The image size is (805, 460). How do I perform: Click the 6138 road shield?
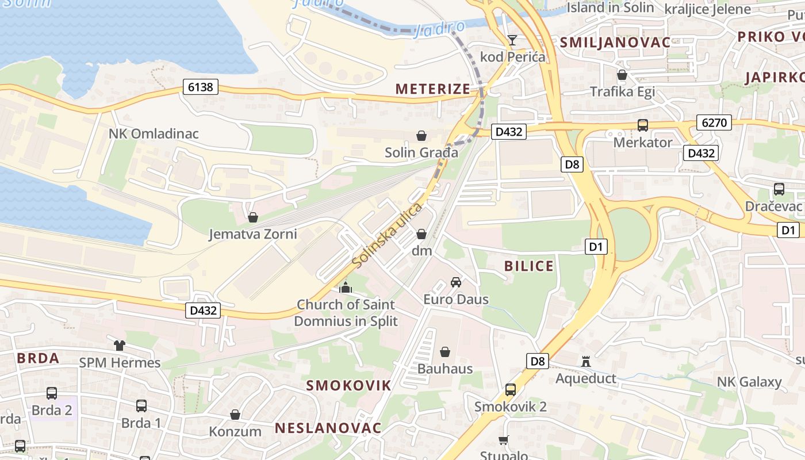(x=200, y=87)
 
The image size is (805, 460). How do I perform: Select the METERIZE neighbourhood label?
(x=432, y=89)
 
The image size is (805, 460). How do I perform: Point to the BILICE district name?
(x=528, y=266)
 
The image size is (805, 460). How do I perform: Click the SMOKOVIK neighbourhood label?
(x=348, y=385)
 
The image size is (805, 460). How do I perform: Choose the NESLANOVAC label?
(x=328, y=428)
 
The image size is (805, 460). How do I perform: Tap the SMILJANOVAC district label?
(x=615, y=42)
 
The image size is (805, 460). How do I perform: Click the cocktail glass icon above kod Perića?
(x=512, y=40)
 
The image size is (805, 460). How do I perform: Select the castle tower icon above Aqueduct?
(x=586, y=362)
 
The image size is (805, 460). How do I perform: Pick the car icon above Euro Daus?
(x=456, y=282)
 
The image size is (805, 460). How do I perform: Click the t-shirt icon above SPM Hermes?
(x=119, y=346)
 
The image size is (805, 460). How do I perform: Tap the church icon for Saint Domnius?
(x=346, y=287)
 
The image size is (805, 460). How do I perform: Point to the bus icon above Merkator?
(x=642, y=125)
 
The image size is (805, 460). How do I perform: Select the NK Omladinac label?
(x=154, y=133)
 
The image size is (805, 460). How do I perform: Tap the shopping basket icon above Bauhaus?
(x=444, y=352)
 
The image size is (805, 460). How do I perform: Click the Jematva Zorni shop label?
(x=252, y=234)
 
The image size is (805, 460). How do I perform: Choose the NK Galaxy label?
(x=749, y=382)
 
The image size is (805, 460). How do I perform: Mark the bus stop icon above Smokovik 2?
(x=510, y=390)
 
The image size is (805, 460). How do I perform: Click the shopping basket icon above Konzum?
(x=235, y=415)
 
